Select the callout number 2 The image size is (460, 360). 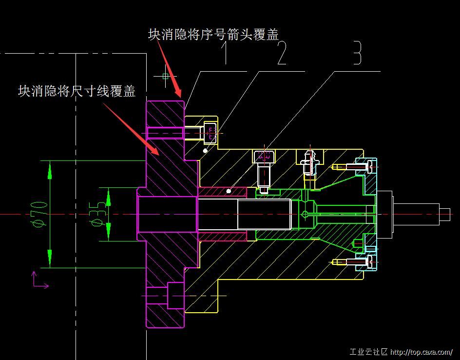(282, 54)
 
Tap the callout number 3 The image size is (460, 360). (357, 54)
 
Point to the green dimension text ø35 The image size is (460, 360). (97, 214)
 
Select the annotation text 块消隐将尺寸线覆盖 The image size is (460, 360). (77, 91)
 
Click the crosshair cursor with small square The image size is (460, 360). (165, 76)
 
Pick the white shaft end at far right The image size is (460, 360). (444, 214)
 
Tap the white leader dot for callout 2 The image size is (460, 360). (205, 151)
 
